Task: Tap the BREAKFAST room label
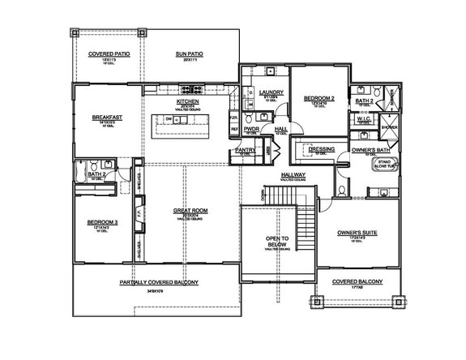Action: pyautogui.click(x=107, y=117)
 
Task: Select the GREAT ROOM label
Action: pyautogui.click(x=190, y=210)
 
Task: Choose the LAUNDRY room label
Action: pyautogui.click(x=272, y=92)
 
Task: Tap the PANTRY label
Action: pyautogui.click(x=245, y=150)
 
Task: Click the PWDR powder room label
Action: pyautogui.click(x=251, y=128)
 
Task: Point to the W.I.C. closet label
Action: pyautogui.click(x=363, y=118)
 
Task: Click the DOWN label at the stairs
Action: pyautogui.click(x=263, y=194)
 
